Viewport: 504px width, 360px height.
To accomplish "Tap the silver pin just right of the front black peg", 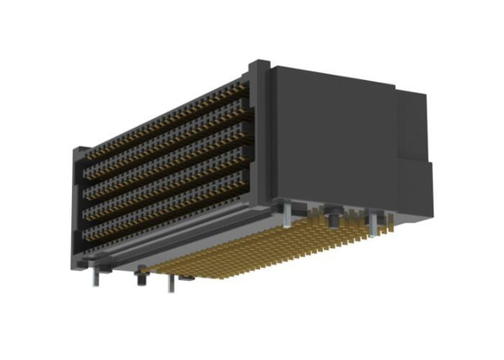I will click(170, 283).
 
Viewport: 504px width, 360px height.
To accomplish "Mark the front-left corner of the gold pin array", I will click(166, 271).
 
